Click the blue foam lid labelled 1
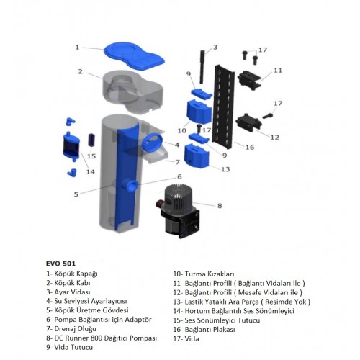coord(135,56)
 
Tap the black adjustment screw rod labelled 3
coord(202,67)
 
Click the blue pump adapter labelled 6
coord(132,186)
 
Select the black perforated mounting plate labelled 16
coord(223,106)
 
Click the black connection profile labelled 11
coord(250,80)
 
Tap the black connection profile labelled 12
coord(248,122)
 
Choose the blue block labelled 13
coord(197,156)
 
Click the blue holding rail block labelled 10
coord(199,112)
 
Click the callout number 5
coord(76,194)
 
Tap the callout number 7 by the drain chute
coord(178,162)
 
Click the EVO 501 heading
coord(60,264)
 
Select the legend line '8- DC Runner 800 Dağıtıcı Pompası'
coord(102,338)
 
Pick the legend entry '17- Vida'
coord(186,339)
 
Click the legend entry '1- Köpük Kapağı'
coord(72,274)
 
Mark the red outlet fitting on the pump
coord(159,204)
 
